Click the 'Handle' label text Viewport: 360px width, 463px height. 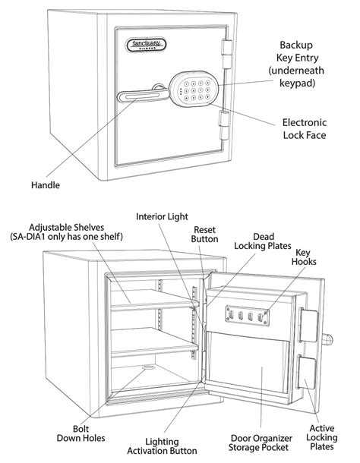tap(46, 184)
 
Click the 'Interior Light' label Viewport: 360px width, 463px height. tap(162, 216)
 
